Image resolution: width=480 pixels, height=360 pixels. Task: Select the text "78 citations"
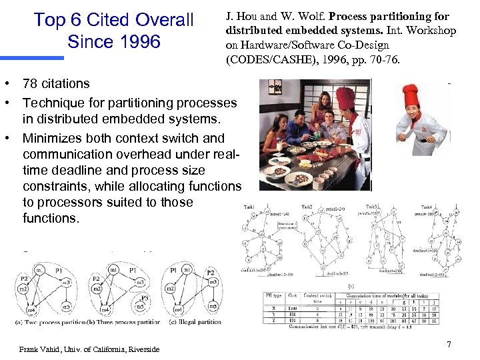click(x=56, y=84)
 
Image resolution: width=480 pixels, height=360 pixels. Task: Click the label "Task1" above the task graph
click(x=251, y=207)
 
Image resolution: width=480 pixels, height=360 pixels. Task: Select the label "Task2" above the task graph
click(x=307, y=207)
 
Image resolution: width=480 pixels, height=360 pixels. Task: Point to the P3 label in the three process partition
click(x=145, y=298)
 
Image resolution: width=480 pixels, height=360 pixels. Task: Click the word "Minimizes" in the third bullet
click(x=53, y=139)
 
